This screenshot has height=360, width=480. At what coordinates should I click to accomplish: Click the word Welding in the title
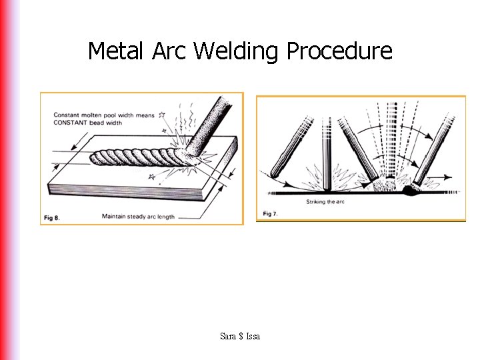(x=237, y=51)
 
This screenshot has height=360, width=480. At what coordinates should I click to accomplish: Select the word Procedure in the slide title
(x=339, y=51)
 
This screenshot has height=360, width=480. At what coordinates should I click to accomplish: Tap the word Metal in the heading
(x=115, y=51)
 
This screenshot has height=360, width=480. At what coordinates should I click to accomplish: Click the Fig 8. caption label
(x=52, y=217)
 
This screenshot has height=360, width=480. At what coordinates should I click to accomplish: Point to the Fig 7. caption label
(x=269, y=213)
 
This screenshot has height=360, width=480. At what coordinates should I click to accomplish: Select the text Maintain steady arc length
(x=138, y=217)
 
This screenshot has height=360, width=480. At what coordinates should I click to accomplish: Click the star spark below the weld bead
(x=151, y=177)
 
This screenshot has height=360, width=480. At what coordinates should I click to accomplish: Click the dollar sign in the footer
(x=240, y=337)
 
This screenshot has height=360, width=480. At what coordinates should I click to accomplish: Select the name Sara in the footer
(x=228, y=337)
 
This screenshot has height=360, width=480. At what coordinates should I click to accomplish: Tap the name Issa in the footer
(x=253, y=337)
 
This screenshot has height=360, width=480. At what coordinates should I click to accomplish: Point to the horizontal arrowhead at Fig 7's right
(x=447, y=177)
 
